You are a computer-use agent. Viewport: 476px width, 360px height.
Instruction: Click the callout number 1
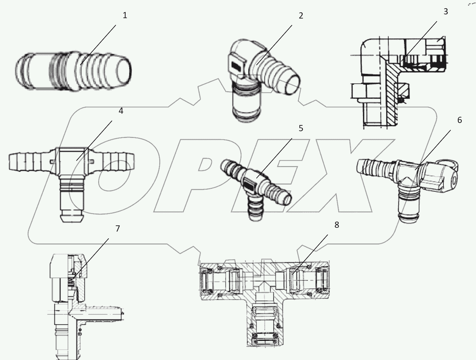click(125, 15)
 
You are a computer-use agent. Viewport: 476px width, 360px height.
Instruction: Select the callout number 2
click(301, 16)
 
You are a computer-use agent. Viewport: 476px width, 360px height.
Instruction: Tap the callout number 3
click(446, 12)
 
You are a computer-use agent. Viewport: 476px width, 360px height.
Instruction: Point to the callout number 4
click(121, 111)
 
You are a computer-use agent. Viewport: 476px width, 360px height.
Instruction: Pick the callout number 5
click(301, 128)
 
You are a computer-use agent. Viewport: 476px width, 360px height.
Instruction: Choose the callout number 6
click(460, 120)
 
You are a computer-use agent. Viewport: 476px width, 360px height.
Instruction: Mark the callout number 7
click(118, 228)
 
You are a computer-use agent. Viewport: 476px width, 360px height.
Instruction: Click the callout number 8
click(337, 225)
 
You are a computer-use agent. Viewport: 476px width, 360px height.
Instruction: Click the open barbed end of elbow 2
click(293, 84)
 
